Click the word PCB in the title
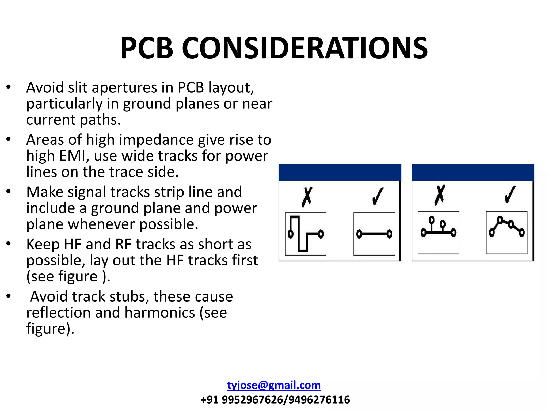pos(147,48)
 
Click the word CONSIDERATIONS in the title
pos(305,48)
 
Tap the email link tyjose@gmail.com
pos(274,385)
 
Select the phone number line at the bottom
pos(275,399)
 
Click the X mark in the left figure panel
pos(307,197)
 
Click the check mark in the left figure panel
pos(378,196)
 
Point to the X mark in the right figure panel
pos(440,195)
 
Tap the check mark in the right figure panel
pos(510,195)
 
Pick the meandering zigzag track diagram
pos(306,234)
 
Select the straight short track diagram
pos(374,234)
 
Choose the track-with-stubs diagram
pos(438,232)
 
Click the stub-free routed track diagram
pos(507,232)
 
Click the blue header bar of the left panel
pos(340,173)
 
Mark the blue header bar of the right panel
pos(473,173)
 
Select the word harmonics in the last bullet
pos(160,313)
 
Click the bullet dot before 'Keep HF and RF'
pos(9,243)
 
